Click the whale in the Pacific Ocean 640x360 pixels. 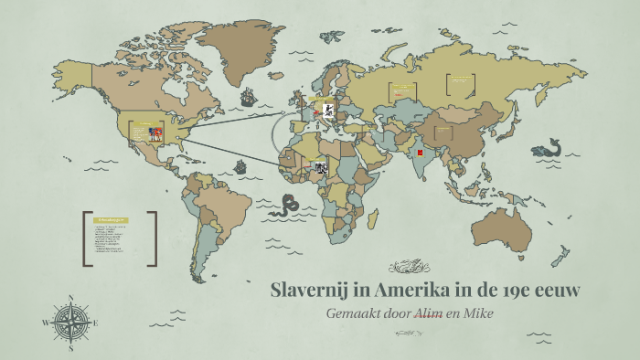(x=549, y=147)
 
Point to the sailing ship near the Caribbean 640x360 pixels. (x=240, y=167)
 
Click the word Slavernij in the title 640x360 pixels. (x=314, y=291)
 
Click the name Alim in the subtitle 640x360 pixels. (x=430, y=312)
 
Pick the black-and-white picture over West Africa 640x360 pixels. (x=321, y=167)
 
